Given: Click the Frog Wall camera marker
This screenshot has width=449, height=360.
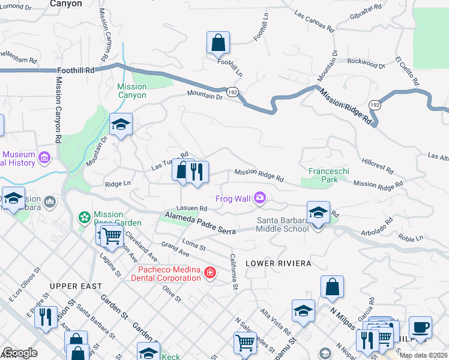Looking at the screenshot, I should point(260,197).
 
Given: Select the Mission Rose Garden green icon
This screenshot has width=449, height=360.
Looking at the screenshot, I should point(85,216).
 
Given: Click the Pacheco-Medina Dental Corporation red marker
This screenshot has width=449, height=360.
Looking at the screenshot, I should point(209,274).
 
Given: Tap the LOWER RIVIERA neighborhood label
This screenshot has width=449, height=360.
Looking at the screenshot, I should point(278,264).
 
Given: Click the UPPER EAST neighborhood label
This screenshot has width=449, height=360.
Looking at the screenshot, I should point(76,286).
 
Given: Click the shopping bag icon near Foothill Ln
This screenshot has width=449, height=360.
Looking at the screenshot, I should point(218,43).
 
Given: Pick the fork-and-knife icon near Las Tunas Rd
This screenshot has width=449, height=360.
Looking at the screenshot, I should point(196,172).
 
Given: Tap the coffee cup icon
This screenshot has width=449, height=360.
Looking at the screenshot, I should point(420,328).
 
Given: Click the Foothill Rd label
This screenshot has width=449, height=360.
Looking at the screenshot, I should point(76,70).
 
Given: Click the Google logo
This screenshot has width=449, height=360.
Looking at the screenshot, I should point(20,353).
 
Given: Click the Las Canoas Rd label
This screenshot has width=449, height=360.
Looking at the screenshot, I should point(313,21).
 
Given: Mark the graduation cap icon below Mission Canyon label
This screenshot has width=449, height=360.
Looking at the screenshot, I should point(121,125).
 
